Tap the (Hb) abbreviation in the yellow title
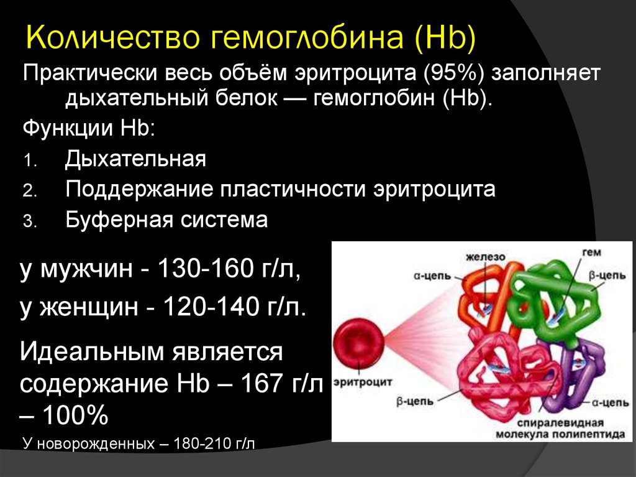tap(445, 38)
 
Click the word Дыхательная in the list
tap(135, 159)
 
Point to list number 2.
tap(30, 191)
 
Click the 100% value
tap(75, 415)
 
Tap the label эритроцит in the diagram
tap(363, 382)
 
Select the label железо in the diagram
tap(485, 257)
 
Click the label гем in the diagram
tap(591, 252)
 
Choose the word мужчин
tap(86, 269)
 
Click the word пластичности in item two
tap(293, 189)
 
